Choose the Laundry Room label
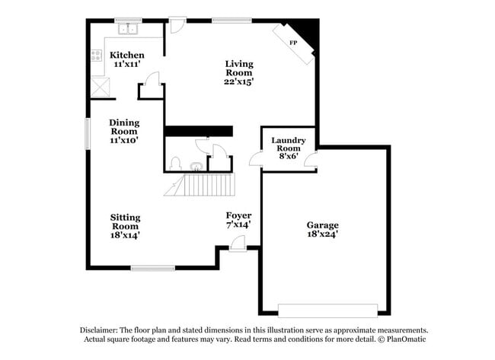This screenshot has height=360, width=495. pos(288,144)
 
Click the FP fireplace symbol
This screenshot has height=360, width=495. pos(293,43)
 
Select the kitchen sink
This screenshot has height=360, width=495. pos(127,30)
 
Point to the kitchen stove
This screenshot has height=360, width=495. pos(97,56)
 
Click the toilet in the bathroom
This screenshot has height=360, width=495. pos(176,164)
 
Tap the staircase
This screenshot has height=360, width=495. pos(203,184)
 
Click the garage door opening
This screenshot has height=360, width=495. pos(327,310)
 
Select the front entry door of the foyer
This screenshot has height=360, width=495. pos(238,244)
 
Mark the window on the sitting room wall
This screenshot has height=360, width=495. pos(152,267)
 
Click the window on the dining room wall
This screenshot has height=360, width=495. pos(87,132)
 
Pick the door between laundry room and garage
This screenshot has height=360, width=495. pos(311,160)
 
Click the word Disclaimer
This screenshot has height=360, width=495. pos(104,330)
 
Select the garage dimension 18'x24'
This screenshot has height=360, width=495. pos(322,234)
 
